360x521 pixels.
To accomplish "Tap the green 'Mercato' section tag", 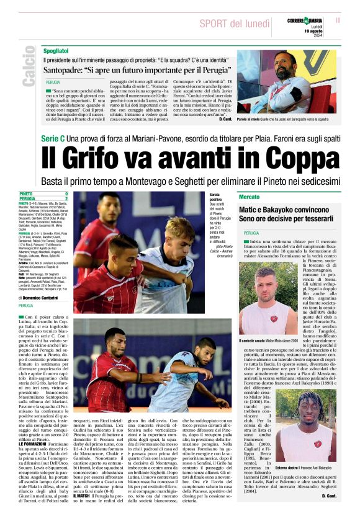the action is coord(250,197).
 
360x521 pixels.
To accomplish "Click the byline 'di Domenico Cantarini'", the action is coord(46,297).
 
